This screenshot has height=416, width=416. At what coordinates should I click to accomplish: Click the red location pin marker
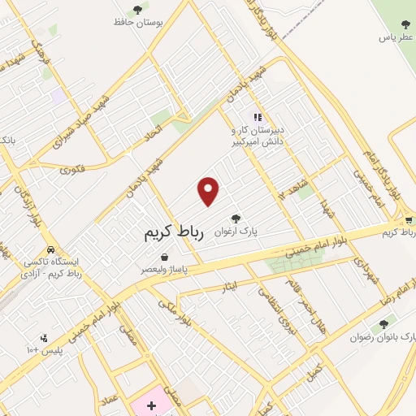tap(209, 191)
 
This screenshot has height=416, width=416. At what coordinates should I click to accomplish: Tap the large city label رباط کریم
tap(171, 232)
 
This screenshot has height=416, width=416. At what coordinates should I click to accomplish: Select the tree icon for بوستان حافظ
tap(136, 10)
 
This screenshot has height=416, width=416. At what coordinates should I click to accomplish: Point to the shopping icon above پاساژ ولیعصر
tap(165, 257)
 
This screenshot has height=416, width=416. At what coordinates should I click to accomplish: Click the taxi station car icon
tap(51, 250)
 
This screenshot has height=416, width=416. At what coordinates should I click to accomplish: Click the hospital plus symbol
tap(151, 405)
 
